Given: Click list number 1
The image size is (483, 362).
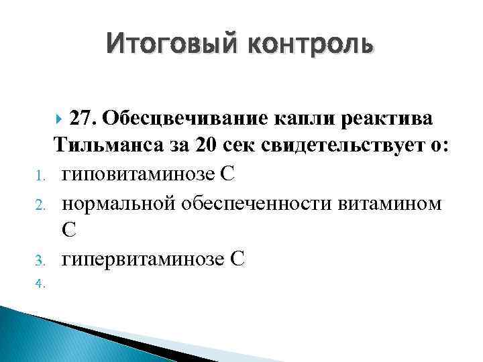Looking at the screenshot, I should coord(40,178).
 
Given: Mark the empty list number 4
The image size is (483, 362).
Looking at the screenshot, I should coord(40,283).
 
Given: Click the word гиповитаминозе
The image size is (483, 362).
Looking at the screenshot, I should coord(138,175).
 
